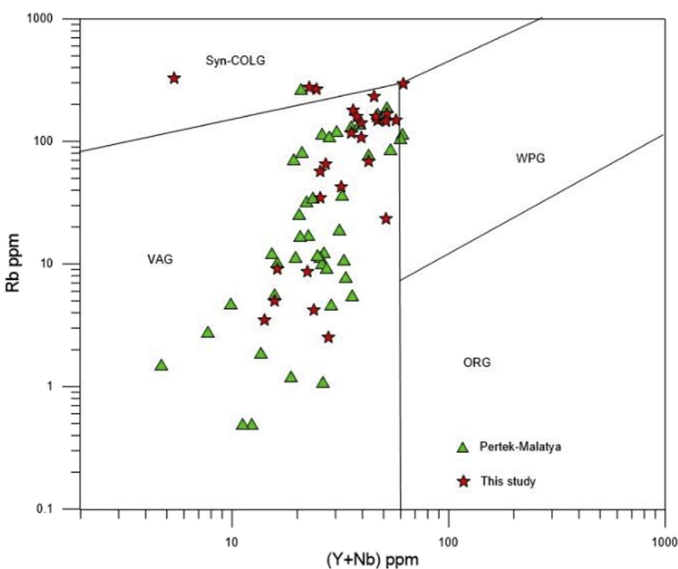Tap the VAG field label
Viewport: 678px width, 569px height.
[160, 259]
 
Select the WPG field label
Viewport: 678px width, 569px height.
[530, 158]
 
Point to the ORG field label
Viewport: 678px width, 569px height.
[477, 363]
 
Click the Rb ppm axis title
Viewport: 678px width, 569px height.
[14, 263]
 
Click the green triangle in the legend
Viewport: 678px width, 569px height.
[463, 447]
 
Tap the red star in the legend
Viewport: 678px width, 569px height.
[464, 482]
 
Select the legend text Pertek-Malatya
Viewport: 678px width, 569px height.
[520, 446]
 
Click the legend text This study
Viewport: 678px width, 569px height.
[508, 481]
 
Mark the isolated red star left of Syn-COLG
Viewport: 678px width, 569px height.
[174, 78]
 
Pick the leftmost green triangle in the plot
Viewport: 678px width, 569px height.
[161, 365]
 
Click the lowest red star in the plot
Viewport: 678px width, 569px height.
[328, 338]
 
